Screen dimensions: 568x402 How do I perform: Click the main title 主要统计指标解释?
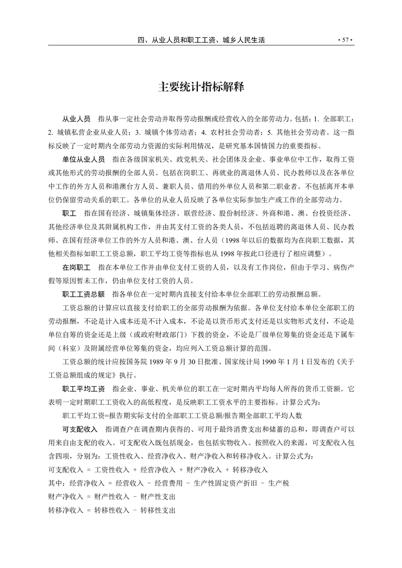pos(201,87)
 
